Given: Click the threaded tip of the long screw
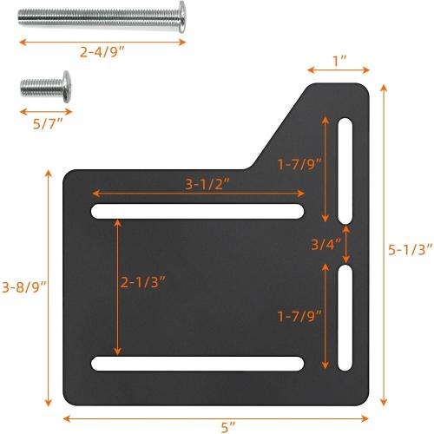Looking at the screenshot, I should click(x=26, y=18).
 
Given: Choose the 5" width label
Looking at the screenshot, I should click(x=228, y=425).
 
